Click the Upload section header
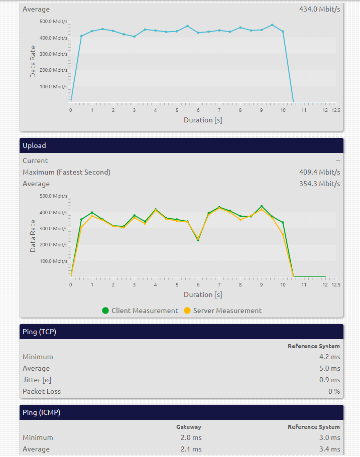[x=34, y=145]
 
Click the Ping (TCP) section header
[x=39, y=332]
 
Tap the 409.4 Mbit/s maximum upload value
[x=319, y=172]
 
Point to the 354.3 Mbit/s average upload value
[x=319, y=184]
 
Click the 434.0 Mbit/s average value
[x=319, y=9]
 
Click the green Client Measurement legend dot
[x=105, y=311]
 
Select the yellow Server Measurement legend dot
[x=187, y=311]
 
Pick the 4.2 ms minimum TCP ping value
[x=330, y=357]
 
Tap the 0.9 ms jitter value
[x=330, y=380]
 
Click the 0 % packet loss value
[x=334, y=391]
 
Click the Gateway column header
[x=188, y=427]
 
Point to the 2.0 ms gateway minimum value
[x=191, y=438]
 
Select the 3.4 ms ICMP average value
[x=330, y=449]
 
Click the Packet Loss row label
[x=42, y=391]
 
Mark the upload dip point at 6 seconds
[x=198, y=240]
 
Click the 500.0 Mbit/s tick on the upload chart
[x=53, y=196]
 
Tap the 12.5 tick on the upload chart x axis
[x=335, y=284]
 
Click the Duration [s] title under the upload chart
[x=203, y=294]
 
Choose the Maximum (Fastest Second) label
[x=66, y=172]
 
